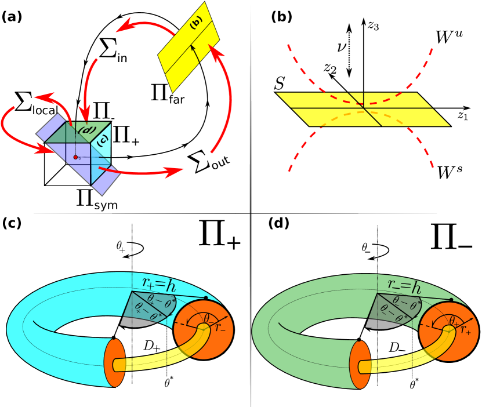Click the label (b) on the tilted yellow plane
click(196, 22)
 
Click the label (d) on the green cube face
click(86, 130)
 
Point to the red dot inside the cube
click(75, 157)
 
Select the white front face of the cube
click(58, 171)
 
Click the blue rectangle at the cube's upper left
click(51, 127)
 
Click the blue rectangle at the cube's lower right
click(106, 180)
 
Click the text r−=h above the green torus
click(404, 284)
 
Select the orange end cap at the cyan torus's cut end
click(114, 363)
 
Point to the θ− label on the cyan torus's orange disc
click(210, 318)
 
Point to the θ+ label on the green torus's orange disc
click(456, 320)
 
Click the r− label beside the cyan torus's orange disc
click(220, 328)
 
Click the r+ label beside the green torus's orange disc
click(466, 330)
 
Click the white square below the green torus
click(429, 386)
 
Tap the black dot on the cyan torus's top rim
click(206, 298)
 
